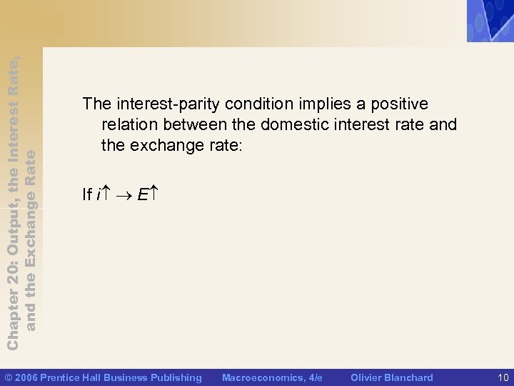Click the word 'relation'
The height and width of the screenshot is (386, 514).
tap(129, 125)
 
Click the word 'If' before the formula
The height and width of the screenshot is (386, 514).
tap(87, 194)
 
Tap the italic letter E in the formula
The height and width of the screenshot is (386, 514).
tap(141, 194)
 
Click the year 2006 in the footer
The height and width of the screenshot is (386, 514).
tap(26, 377)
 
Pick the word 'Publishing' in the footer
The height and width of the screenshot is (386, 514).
tap(176, 377)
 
